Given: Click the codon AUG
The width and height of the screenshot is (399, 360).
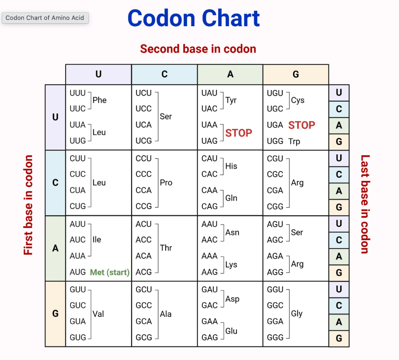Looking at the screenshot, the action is pyautogui.click(x=78, y=272).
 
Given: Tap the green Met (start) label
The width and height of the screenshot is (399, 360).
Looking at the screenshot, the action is pyautogui.click(x=110, y=272).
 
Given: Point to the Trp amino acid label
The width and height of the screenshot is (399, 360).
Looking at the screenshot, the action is pyautogui.click(x=294, y=141).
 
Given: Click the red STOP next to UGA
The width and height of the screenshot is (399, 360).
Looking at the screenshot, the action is pyautogui.click(x=302, y=125).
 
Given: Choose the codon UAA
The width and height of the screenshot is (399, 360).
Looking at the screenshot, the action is pyautogui.click(x=210, y=125).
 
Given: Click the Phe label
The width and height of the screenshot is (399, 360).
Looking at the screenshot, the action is pyautogui.click(x=100, y=100).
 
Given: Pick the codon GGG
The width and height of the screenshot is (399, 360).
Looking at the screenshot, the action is pyautogui.click(x=275, y=337).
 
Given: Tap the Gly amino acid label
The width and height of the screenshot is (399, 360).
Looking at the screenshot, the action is pyautogui.click(x=297, y=314).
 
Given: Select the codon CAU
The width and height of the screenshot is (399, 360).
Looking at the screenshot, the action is pyautogui.click(x=210, y=159).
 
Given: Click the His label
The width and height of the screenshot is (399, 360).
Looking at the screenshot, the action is pyautogui.click(x=231, y=166).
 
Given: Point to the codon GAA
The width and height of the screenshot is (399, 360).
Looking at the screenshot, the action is pyautogui.click(x=210, y=321).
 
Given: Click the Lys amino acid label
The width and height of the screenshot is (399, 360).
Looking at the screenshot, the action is pyautogui.click(x=231, y=265).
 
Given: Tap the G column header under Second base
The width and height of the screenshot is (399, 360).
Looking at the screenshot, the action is pyautogui.click(x=296, y=74).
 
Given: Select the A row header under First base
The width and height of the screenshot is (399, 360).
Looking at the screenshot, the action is pyautogui.click(x=55, y=248).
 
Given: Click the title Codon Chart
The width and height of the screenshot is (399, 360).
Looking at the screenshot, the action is pyautogui.click(x=193, y=18).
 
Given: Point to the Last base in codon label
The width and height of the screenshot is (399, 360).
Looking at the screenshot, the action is pyautogui.click(x=365, y=204).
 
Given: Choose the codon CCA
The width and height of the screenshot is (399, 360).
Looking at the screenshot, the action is pyautogui.click(x=144, y=190).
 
